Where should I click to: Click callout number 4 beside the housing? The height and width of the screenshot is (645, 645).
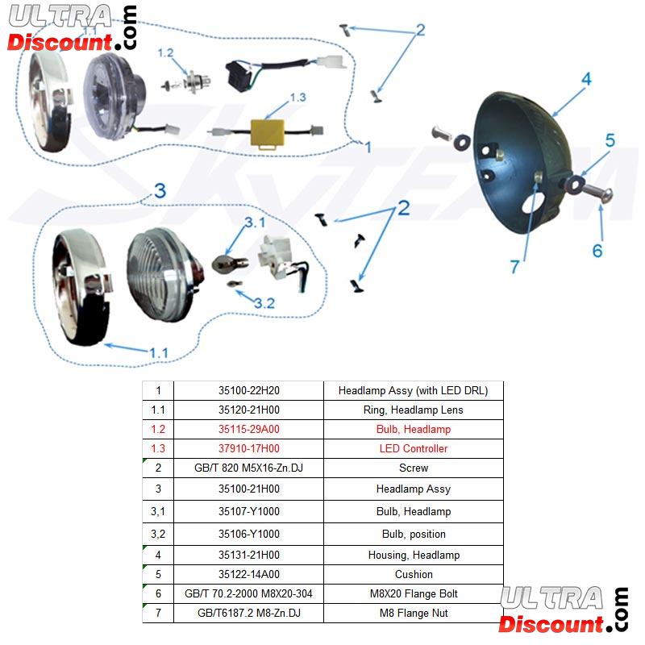tap(586, 79)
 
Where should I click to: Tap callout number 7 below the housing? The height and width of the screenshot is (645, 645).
tap(515, 267)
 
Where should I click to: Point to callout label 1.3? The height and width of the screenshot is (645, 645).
tap(298, 98)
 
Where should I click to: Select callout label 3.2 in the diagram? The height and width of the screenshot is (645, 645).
tap(264, 303)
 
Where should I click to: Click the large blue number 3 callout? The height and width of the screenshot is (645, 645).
tap(160, 191)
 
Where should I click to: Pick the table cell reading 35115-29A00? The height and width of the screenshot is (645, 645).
tap(248, 429)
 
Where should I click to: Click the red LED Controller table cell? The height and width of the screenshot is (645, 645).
tap(413, 448)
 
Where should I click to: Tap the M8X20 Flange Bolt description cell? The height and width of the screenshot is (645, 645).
tap(413, 593)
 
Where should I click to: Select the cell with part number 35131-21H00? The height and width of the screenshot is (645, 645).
tap(248, 555)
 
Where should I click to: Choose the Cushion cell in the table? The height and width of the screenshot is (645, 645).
tap(413, 574)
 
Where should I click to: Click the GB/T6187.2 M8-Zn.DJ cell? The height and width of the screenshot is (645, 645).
tap(248, 613)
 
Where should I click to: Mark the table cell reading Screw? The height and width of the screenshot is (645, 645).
tap(413, 468)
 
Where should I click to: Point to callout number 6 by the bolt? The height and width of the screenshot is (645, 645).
tap(597, 251)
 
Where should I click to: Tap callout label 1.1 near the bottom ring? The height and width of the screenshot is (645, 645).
tap(158, 353)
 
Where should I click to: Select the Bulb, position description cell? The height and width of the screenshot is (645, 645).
tap(413, 534)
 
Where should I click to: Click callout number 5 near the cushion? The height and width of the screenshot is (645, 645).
tap(610, 140)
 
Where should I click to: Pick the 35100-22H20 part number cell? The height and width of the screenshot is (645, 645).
tap(248, 390)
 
